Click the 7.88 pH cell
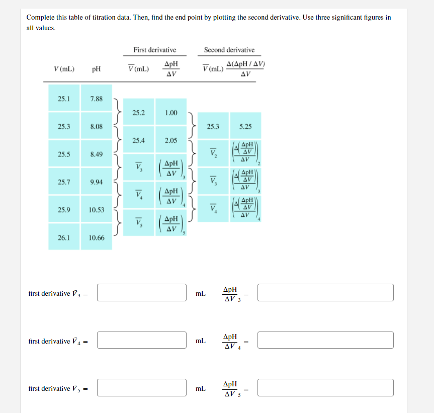pyautogui.click(x=96, y=99)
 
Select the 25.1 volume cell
pyautogui.click(x=64, y=99)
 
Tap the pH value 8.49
pyautogui.click(x=96, y=154)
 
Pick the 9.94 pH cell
pyautogui.click(x=96, y=182)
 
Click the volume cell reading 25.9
pyautogui.click(x=64, y=210)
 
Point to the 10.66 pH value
pyautogui.click(x=96, y=237)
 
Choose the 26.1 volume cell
pyautogui.click(x=64, y=237)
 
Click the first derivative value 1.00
pyautogui.click(x=171, y=113)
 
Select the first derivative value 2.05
pyautogui.click(x=171, y=140)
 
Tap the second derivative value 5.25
pyautogui.click(x=245, y=126)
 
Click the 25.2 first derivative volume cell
pyautogui.click(x=139, y=113)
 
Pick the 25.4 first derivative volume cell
pyautogui.click(x=139, y=140)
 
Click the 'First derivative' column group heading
pyautogui.click(x=154, y=50)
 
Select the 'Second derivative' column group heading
pyautogui.click(x=229, y=50)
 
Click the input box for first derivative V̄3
pyautogui.click(x=141, y=293)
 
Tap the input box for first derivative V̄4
pyautogui.click(x=141, y=340)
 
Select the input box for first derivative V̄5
pyautogui.click(x=141, y=388)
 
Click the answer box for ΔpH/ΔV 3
pyautogui.click(x=325, y=293)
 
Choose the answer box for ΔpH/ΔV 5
pyautogui.click(x=325, y=388)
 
